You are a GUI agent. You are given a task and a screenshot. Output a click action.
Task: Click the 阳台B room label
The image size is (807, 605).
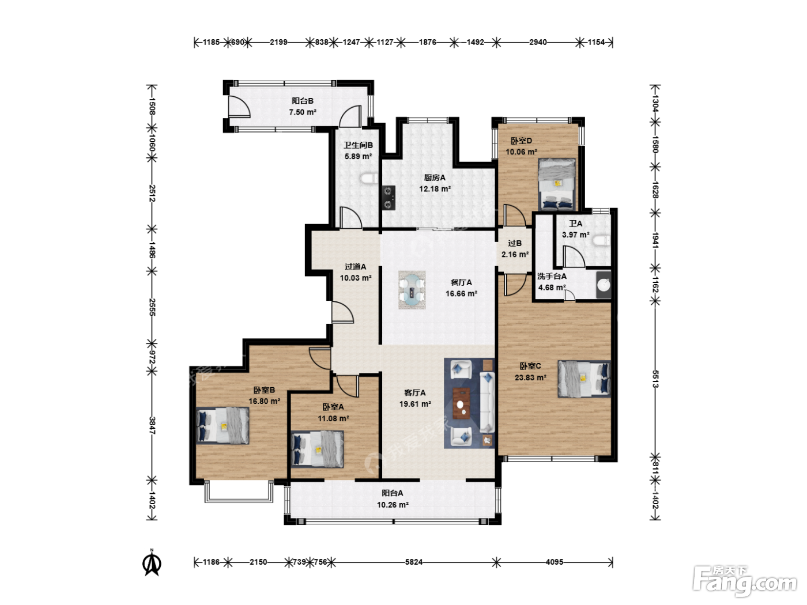[x=302, y=101]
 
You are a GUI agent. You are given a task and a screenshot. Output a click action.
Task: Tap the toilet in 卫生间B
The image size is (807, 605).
[x=369, y=179]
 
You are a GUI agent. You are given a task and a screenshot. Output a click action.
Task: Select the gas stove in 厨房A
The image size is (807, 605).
[x=389, y=198]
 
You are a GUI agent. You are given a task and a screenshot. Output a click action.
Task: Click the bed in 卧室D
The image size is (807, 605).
[x=556, y=184]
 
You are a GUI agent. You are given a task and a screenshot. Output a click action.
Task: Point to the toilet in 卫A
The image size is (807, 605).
[x=601, y=241]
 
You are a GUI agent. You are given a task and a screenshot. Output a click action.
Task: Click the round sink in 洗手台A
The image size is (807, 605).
[x=604, y=284]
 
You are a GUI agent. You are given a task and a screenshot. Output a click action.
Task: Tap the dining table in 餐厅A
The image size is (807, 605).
[x=412, y=290]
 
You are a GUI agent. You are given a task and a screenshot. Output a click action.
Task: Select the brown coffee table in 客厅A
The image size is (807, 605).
[x=461, y=403]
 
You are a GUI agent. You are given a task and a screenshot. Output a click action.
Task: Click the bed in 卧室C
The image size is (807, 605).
[x=584, y=379]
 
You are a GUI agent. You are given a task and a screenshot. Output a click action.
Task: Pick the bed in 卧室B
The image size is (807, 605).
[x=223, y=426]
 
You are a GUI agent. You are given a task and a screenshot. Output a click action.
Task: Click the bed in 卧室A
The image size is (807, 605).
[x=318, y=449]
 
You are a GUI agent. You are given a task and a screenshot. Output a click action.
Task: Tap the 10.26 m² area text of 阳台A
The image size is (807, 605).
[x=393, y=505]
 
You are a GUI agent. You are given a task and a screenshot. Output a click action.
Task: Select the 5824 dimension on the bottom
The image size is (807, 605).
[x=414, y=562]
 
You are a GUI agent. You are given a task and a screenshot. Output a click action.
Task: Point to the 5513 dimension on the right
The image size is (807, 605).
[x=655, y=379]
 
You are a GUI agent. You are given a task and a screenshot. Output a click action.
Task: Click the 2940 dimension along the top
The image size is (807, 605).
[x=538, y=42]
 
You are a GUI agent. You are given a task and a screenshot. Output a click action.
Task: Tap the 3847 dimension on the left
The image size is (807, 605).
[x=152, y=425]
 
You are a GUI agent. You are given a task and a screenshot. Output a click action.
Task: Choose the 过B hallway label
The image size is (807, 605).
[x=515, y=243]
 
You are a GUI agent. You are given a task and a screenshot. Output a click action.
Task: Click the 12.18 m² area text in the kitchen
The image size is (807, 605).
[x=435, y=189]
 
